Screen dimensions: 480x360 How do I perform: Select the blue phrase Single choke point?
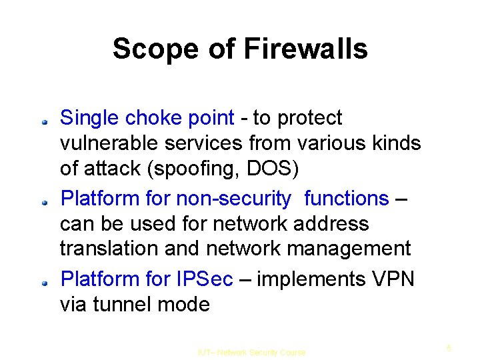[147, 119]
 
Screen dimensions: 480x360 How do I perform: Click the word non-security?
[233, 199]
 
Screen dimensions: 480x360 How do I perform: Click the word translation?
[107, 249]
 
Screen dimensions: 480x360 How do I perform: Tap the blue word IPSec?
[205, 279]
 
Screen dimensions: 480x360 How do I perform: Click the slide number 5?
[449, 347]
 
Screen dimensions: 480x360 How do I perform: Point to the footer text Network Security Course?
[261, 352]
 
